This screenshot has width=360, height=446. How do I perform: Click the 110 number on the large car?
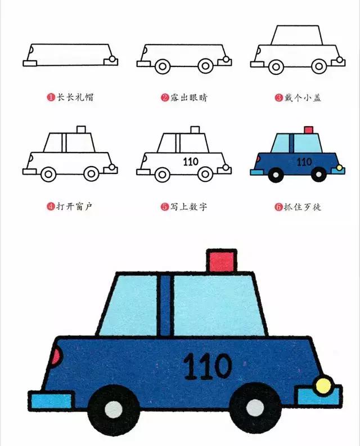click(208, 366)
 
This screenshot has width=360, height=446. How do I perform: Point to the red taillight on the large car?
click(56, 356)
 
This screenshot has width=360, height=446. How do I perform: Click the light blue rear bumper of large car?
click(51, 401)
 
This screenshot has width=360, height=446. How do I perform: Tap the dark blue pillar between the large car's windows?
click(165, 304)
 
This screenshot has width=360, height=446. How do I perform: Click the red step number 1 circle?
click(51, 97)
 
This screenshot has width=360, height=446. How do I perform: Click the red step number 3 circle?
click(278, 97)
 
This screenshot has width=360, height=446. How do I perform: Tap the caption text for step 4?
click(74, 207)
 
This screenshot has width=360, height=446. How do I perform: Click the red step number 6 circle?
click(278, 207)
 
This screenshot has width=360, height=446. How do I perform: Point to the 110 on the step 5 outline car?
click(191, 162)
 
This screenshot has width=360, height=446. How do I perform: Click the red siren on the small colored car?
click(308, 130)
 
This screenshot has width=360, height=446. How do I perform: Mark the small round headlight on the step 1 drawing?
click(113, 59)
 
